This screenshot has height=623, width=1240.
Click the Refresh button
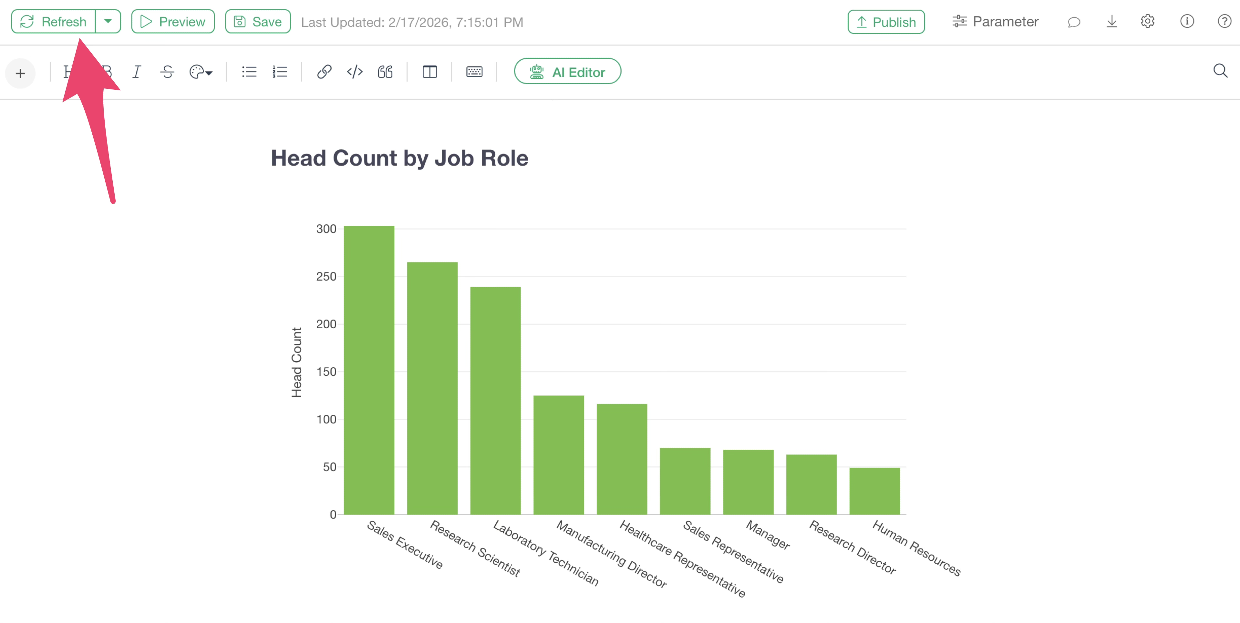coord(53,22)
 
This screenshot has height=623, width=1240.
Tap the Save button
coord(258,22)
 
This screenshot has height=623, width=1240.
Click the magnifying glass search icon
coord(1220,71)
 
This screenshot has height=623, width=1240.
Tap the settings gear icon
coord(1148,22)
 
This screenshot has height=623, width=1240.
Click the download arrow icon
coord(1111,22)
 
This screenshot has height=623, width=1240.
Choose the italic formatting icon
coord(137,72)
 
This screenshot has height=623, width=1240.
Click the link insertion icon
coord(324,72)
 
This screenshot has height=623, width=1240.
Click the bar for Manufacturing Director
coord(558,454)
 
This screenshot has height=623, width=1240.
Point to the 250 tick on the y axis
coord(326,277)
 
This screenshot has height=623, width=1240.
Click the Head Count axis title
coord(296,362)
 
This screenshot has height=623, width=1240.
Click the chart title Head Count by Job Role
coord(399,158)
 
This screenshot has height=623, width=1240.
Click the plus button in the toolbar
coord(20,73)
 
